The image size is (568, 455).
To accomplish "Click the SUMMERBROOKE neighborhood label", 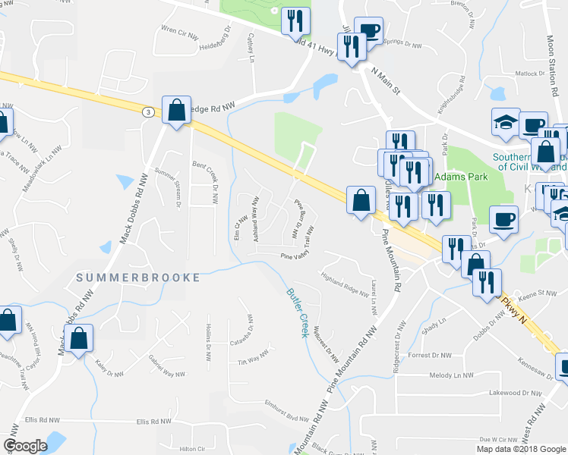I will click(138, 278).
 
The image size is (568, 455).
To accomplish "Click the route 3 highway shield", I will click(146, 111).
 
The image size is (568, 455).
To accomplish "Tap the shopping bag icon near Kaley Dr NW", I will click(79, 340).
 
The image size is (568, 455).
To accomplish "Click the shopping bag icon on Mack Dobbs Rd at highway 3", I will click(176, 111).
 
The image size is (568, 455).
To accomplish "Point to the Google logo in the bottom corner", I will click(25, 446).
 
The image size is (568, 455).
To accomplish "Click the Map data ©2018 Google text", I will click(522, 449).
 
